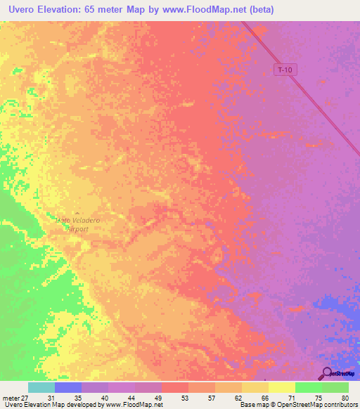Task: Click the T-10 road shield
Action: click(284, 70)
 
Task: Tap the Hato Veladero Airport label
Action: click(78, 224)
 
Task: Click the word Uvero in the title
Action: click(20, 10)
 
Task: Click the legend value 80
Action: click(345, 397)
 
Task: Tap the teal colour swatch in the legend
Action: click(41, 387)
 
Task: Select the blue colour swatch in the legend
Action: click(67, 387)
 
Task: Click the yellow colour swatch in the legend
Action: click(281, 387)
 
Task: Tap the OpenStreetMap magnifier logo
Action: click(326, 373)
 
